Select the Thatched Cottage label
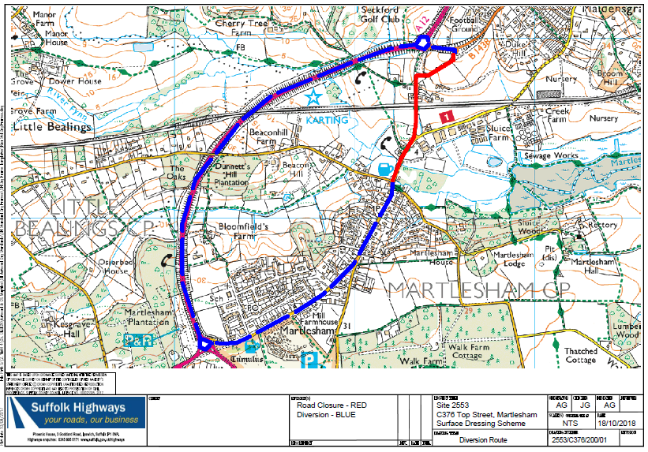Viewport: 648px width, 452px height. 581,355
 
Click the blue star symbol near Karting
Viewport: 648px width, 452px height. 314,96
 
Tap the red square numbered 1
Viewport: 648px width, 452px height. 447,116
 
